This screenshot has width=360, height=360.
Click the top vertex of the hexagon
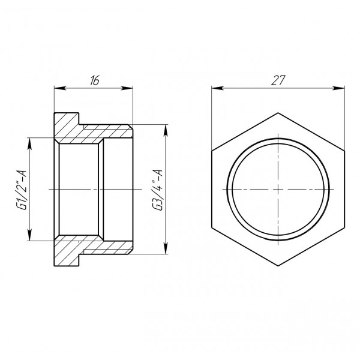[x=278, y=112]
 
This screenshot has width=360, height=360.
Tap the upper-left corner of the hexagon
[x=212, y=150]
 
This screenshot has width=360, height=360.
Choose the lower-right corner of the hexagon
[x=345, y=228]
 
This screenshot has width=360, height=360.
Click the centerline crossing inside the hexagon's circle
[x=278, y=189]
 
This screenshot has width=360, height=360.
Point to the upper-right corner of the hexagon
[x=345, y=150]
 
